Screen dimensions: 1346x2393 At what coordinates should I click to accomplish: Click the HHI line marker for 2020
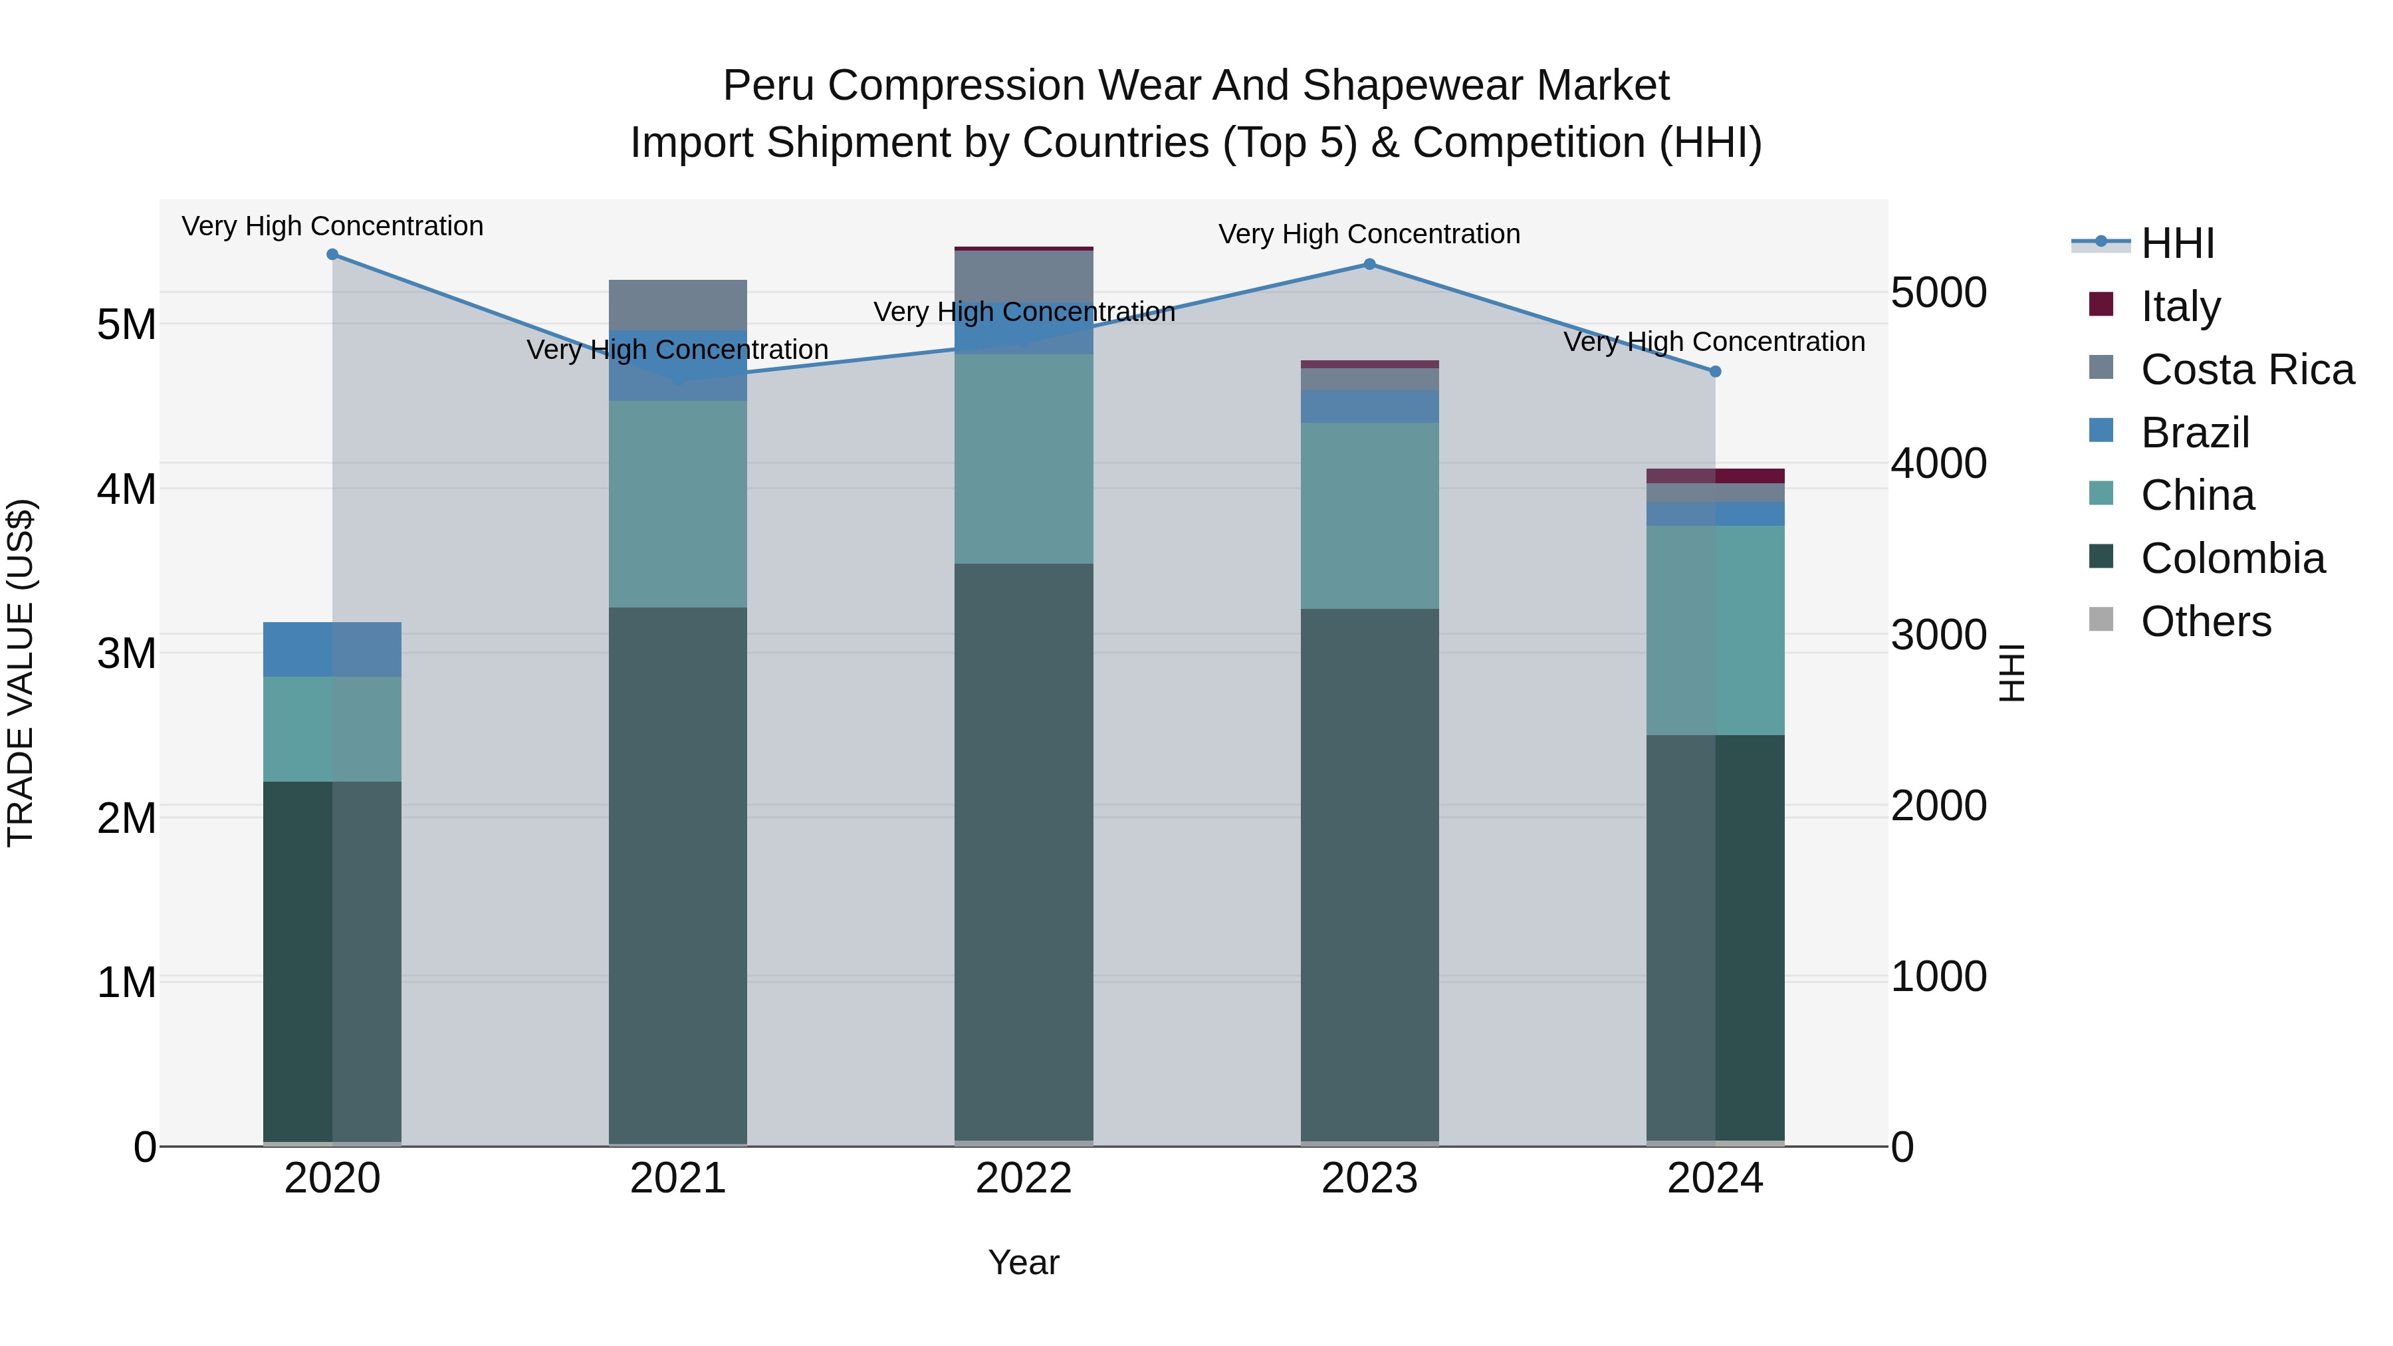click(x=332, y=255)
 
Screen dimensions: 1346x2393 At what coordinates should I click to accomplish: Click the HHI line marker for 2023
click(x=1369, y=265)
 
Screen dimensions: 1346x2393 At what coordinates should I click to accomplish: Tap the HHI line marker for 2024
click(x=1716, y=372)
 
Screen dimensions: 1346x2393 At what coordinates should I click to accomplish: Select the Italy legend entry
click(x=2180, y=306)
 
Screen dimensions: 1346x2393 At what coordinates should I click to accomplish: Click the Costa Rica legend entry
click(x=2247, y=369)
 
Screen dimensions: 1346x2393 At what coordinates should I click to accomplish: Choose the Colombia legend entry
click(x=2232, y=558)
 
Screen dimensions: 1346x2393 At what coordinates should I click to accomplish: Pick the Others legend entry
click(x=2206, y=621)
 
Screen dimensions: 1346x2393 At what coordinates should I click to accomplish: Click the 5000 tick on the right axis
click(x=1939, y=292)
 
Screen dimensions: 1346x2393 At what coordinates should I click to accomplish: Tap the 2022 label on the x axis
click(x=1024, y=1178)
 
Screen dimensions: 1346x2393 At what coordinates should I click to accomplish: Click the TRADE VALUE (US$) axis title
click(x=21, y=673)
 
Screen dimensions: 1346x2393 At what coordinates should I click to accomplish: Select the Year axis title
click(x=1024, y=1262)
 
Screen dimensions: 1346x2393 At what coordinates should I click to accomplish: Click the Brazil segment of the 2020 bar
click(x=332, y=649)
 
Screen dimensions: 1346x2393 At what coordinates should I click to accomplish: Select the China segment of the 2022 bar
click(x=1024, y=459)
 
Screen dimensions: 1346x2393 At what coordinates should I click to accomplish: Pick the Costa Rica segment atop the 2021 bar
click(x=678, y=304)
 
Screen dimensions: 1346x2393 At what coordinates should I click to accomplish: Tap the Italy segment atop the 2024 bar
click(x=1716, y=476)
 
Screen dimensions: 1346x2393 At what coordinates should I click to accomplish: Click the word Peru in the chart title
click(x=769, y=86)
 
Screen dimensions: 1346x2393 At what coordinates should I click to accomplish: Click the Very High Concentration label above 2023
click(x=1369, y=234)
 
